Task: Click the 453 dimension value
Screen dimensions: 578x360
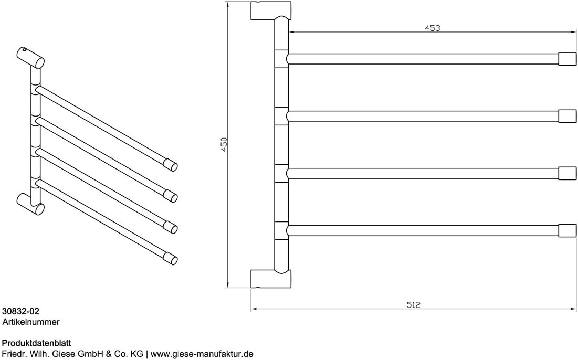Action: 432,28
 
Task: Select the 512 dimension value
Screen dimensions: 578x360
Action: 414,305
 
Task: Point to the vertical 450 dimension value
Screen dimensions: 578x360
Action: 224,144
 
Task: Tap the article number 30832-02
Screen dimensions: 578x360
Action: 20,312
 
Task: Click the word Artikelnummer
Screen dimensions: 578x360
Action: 31,322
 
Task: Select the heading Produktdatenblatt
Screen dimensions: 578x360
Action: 37,343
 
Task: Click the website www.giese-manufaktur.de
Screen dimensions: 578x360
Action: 202,354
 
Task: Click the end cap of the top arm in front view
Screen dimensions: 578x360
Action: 568,59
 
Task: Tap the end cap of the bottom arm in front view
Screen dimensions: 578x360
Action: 568,230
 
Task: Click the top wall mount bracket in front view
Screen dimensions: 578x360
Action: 270,10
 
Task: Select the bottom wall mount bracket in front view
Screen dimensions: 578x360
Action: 270,279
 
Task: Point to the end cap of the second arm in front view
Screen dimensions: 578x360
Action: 568,116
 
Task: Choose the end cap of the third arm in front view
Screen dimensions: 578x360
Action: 568,173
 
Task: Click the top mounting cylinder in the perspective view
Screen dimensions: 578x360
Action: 30,58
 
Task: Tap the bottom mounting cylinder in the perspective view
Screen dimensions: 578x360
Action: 30,204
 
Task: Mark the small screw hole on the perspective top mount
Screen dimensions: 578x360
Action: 24,50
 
